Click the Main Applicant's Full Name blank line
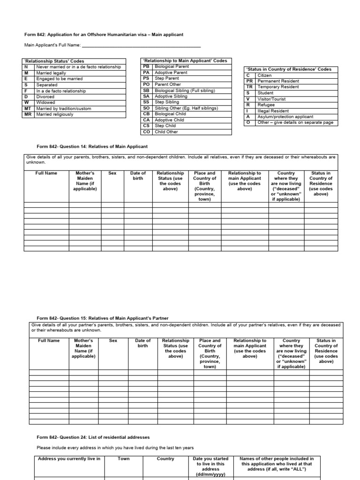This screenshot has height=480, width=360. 141,45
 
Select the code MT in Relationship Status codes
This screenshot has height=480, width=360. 28,108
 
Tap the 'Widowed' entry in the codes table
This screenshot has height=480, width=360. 45,102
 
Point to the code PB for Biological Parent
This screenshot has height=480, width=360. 146,67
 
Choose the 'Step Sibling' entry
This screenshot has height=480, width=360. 167,102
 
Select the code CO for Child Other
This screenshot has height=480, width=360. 146,132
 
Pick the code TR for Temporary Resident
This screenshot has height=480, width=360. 250,87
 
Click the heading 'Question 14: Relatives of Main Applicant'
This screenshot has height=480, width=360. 92,147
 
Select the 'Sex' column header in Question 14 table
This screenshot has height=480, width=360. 112,173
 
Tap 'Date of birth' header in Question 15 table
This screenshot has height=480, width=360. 143,344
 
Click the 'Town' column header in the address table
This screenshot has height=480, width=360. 124,459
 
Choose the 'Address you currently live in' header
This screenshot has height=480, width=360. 69,459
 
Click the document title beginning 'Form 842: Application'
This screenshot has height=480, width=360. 104,34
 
